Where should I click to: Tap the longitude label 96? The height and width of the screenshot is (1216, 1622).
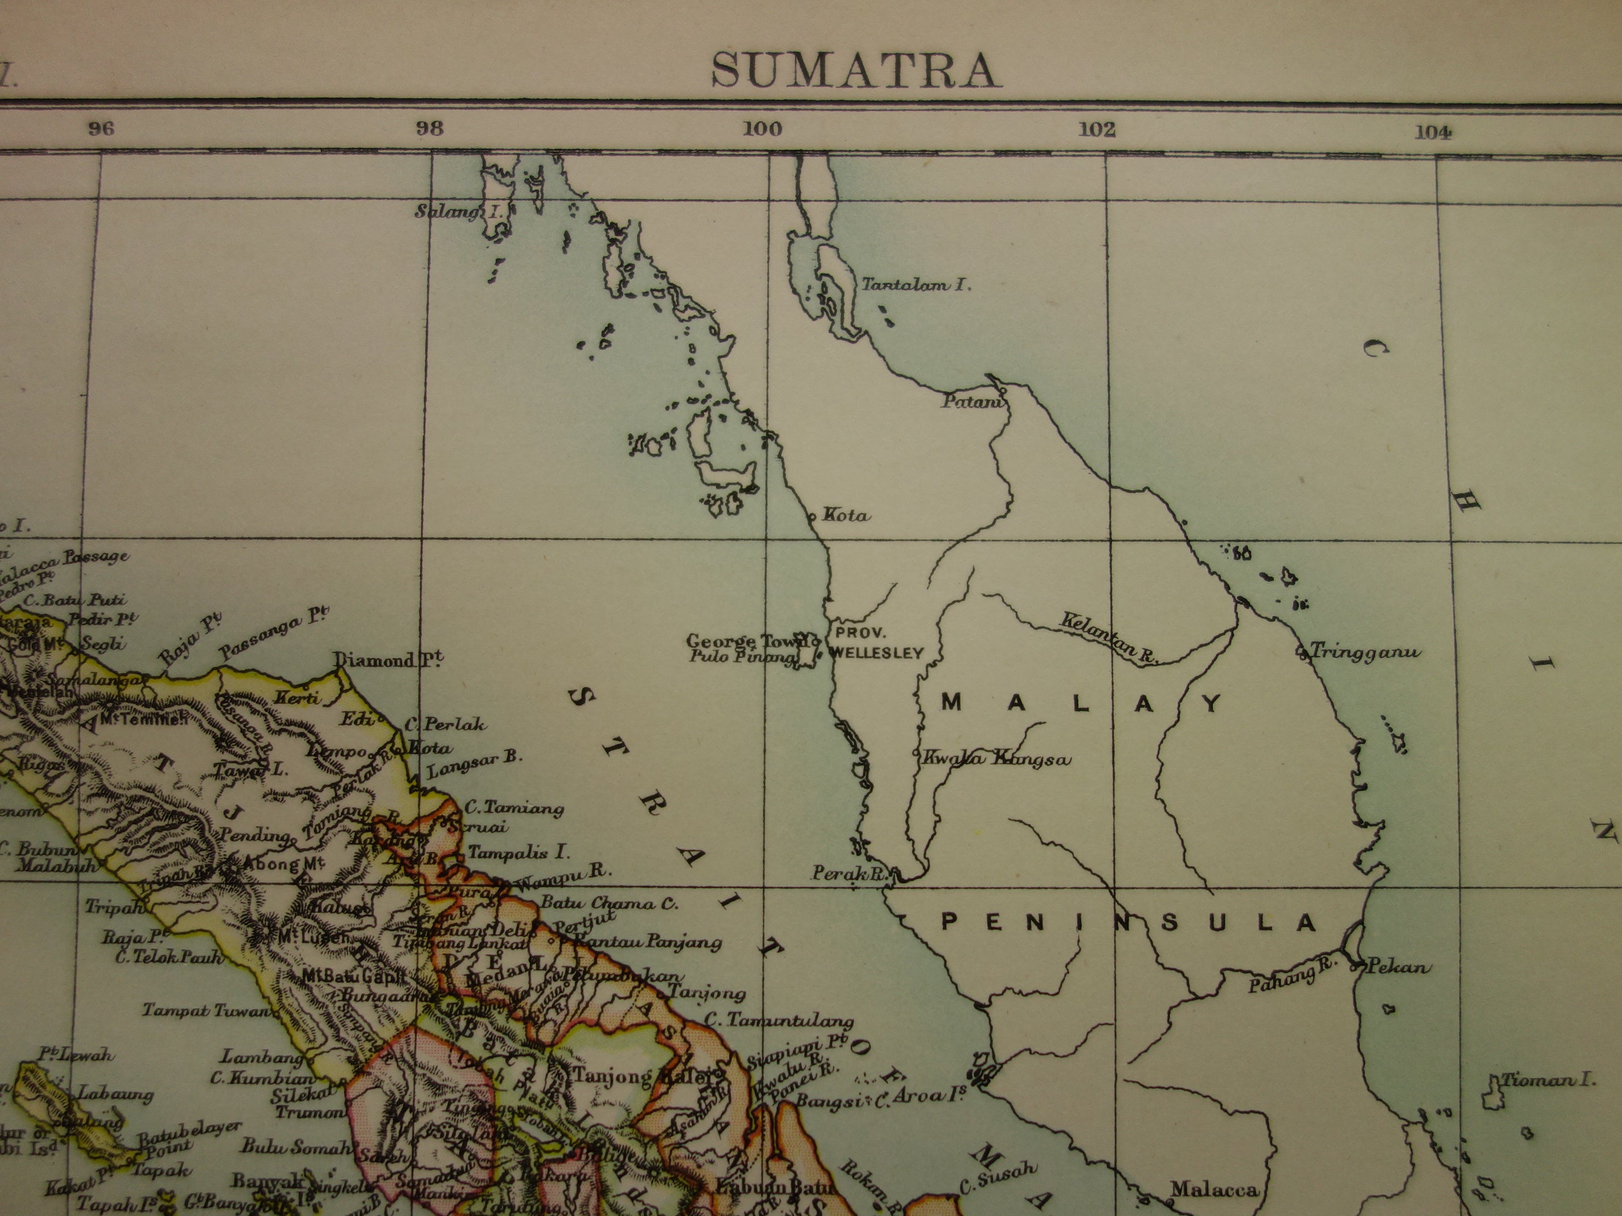[x=101, y=129]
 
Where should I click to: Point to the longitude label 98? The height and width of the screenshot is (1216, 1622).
[x=430, y=129]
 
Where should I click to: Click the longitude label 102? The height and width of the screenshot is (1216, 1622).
[x=1097, y=131]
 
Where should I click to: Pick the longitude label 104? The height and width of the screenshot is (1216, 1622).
[x=1433, y=132]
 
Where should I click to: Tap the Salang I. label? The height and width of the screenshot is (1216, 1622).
[x=458, y=212]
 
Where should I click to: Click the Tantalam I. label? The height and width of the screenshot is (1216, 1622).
[x=916, y=285]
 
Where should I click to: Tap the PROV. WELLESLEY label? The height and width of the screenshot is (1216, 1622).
[x=875, y=643]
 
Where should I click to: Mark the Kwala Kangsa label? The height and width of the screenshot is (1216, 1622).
[x=996, y=759]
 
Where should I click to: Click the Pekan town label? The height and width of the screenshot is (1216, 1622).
[x=1397, y=967]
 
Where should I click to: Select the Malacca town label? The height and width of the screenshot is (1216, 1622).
[x=1213, y=1190]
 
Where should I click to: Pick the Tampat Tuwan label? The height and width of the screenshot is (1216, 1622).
[x=206, y=1011]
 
